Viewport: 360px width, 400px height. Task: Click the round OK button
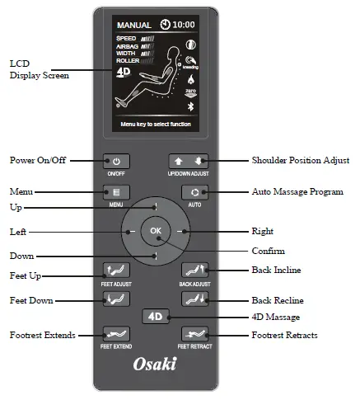point(156,232)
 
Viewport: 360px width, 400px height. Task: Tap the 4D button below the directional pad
point(155,316)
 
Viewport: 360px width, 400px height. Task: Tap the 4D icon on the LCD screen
point(123,71)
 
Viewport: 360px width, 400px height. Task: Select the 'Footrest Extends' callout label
point(43,336)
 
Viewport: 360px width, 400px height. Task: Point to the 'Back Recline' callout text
point(278,300)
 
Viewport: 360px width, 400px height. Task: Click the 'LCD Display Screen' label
point(39,69)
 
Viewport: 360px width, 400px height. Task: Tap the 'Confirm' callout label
point(268,251)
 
